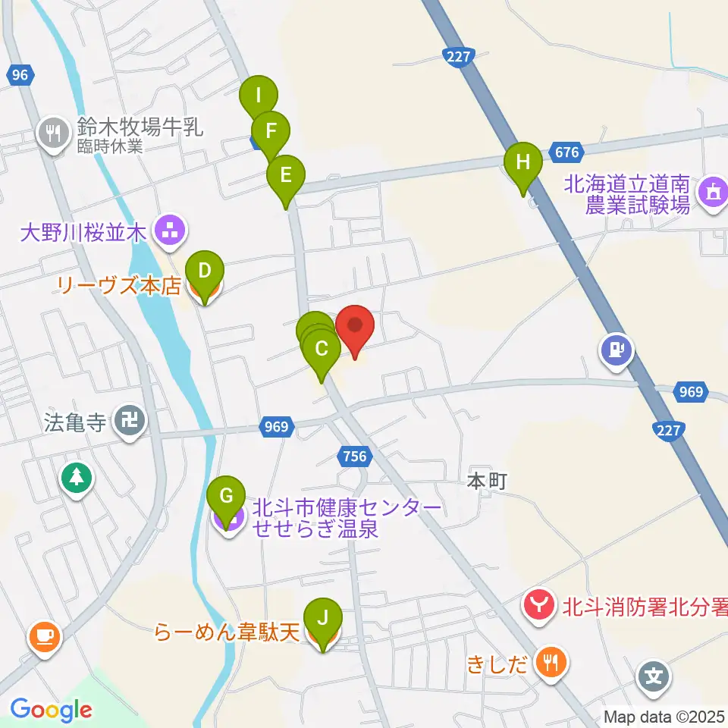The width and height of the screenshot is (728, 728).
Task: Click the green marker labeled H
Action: tap(523, 163)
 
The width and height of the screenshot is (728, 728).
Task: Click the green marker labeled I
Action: tap(259, 96)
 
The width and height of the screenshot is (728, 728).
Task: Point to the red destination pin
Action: tap(355, 326)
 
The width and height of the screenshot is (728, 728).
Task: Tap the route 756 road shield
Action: tap(353, 457)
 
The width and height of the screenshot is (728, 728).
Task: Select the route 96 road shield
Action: tap(20, 74)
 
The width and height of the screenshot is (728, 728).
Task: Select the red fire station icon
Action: tap(539, 605)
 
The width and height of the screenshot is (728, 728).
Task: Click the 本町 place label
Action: tap(485, 482)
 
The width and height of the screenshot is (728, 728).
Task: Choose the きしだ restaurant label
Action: tap(507, 664)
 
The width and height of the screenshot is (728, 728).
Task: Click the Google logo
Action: tap(50, 710)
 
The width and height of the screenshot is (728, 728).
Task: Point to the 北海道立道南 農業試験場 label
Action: tap(637, 193)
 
